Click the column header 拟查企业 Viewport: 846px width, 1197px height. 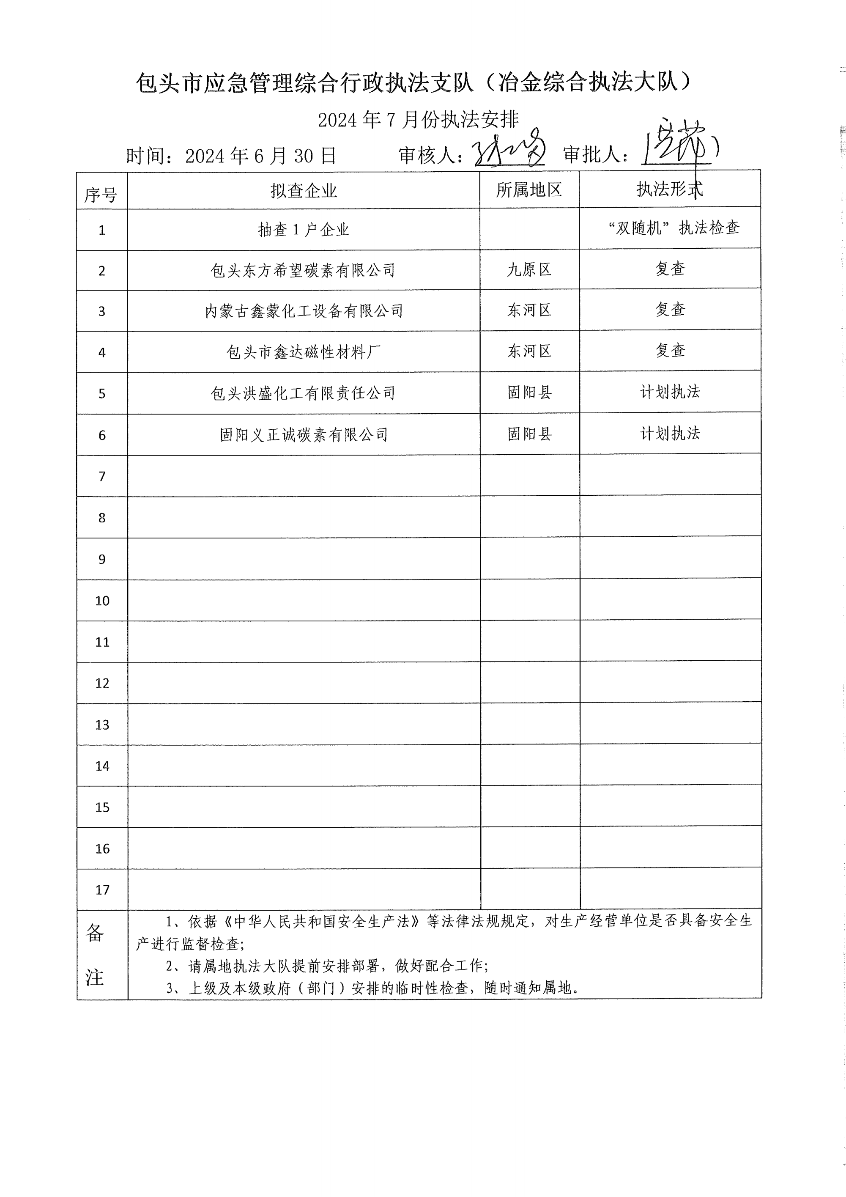(304, 191)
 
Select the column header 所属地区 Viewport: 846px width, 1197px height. (528, 190)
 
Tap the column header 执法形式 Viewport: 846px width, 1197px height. (669, 189)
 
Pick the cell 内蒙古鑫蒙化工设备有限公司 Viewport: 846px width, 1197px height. (304, 311)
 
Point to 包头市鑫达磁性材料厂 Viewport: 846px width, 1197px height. (304, 352)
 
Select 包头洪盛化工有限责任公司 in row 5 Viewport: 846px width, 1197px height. (304, 393)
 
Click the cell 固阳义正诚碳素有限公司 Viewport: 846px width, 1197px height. (304, 434)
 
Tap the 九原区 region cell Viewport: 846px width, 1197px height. (529, 269)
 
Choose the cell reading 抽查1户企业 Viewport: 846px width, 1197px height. (304, 229)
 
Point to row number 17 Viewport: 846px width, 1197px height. (102, 890)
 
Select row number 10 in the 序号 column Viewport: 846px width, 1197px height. (102, 601)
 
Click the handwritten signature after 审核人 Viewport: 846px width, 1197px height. (508, 148)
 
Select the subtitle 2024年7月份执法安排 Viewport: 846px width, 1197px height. (418, 120)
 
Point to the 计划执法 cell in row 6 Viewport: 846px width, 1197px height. (670, 433)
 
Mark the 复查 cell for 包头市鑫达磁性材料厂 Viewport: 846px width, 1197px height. (670, 350)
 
